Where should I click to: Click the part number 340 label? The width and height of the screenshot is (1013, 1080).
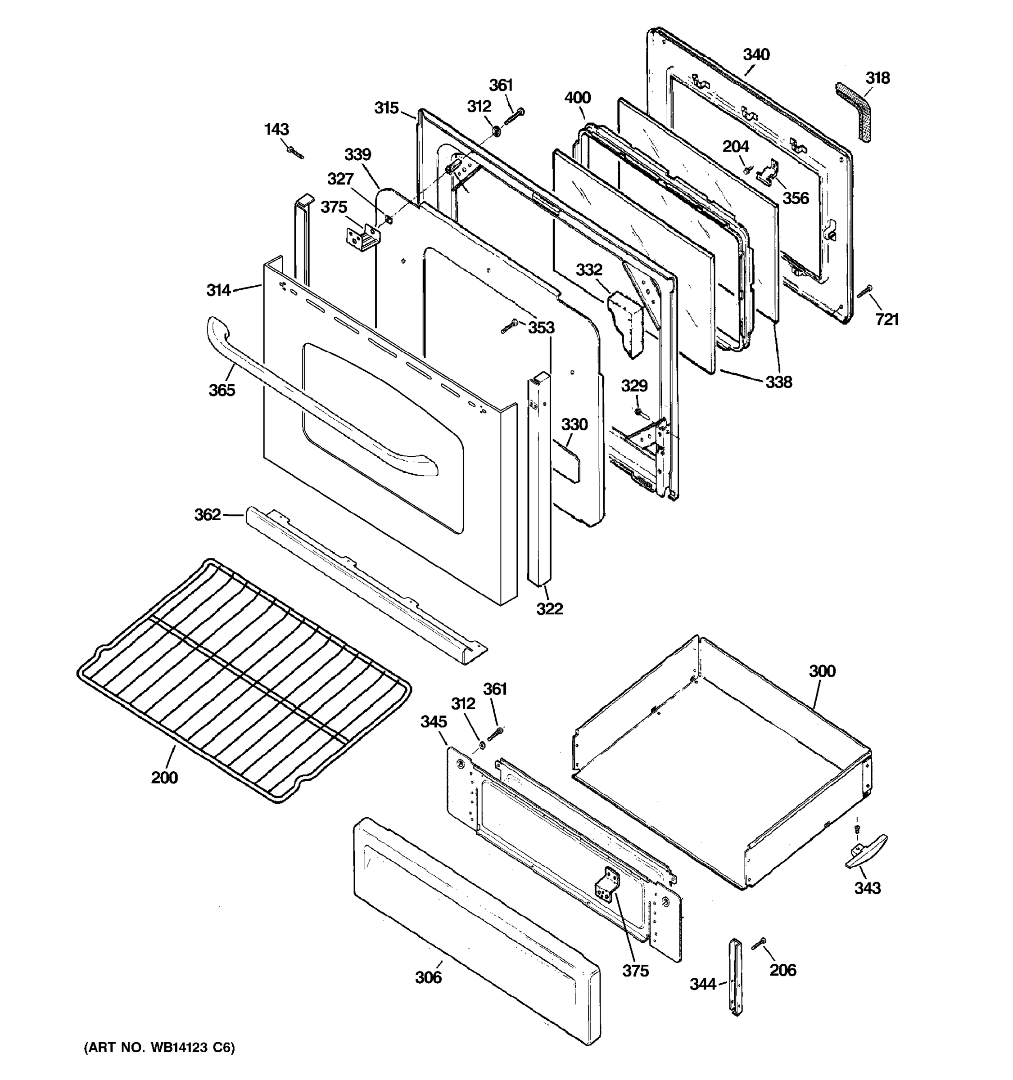click(756, 55)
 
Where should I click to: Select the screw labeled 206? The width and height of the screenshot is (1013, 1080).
click(759, 945)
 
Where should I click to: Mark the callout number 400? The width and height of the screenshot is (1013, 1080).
click(577, 98)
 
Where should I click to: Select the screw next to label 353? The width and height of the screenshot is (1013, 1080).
click(509, 327)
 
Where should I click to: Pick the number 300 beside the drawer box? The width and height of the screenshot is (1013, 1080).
click(822, 671)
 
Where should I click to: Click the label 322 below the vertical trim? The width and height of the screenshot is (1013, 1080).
click(549, 609)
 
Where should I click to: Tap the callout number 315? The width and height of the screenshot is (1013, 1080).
click(386, 108)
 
